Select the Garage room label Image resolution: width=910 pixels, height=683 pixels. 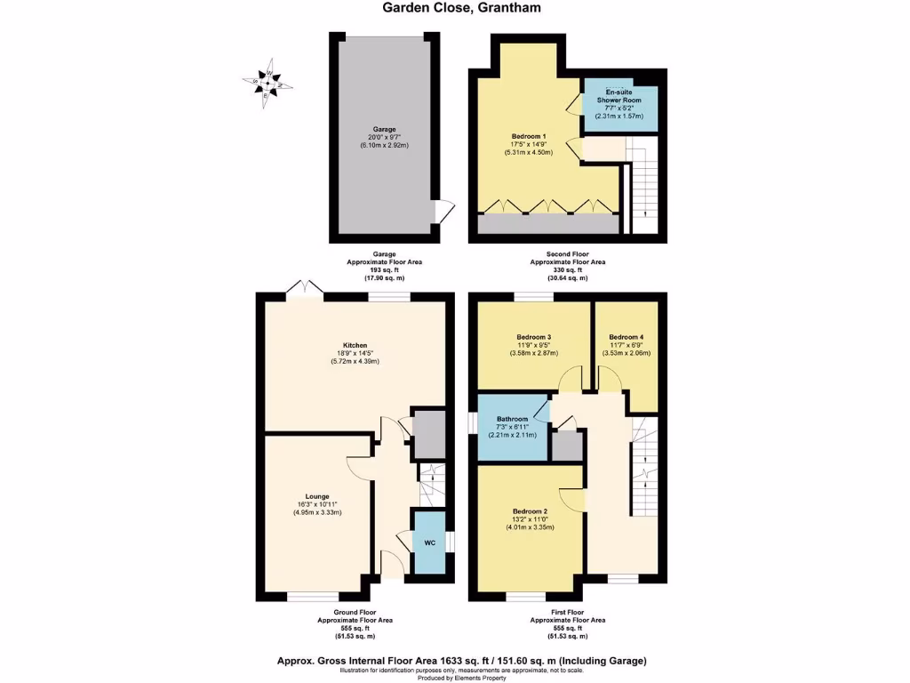[x=385, y=129]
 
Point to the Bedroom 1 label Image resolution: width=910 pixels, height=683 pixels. [x=528, y=136]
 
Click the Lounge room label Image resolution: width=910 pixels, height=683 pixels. [x=317, y=496]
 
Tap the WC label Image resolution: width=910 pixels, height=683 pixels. [x=428, y=542]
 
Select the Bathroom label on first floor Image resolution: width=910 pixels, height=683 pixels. [x=513, y=419]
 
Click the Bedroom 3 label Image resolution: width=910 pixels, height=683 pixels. [x=534, y=337]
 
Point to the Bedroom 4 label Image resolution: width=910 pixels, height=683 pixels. [x=625, y=337]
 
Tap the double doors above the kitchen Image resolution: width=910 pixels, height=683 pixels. [x=303, y=288]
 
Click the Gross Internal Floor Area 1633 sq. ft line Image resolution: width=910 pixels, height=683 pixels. [x=460, y=661]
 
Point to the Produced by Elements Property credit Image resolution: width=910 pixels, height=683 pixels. [x=460, y=678]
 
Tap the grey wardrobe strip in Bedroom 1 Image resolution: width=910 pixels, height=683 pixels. [x=548, y=224]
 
